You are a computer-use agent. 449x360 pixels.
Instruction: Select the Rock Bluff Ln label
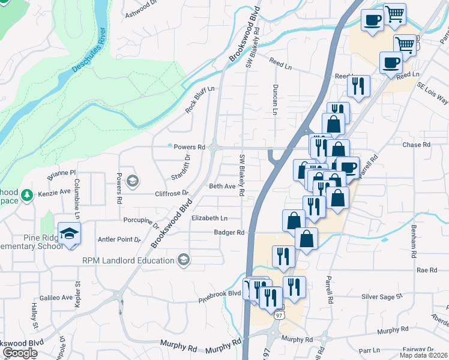(x=200, y=100)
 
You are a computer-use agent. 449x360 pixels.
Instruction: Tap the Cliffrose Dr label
(x=172, y=194)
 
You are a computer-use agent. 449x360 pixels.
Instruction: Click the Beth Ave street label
(x=222, y=187)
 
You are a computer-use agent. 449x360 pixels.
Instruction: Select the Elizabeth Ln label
(x=209, y=218)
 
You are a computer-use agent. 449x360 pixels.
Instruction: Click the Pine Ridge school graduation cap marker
(x=70, y=232)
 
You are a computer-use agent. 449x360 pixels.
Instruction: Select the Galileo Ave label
(x=56, y=298)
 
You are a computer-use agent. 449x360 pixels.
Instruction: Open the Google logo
(x=20, y=353)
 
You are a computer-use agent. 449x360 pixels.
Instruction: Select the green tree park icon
(x=26, y=195)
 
